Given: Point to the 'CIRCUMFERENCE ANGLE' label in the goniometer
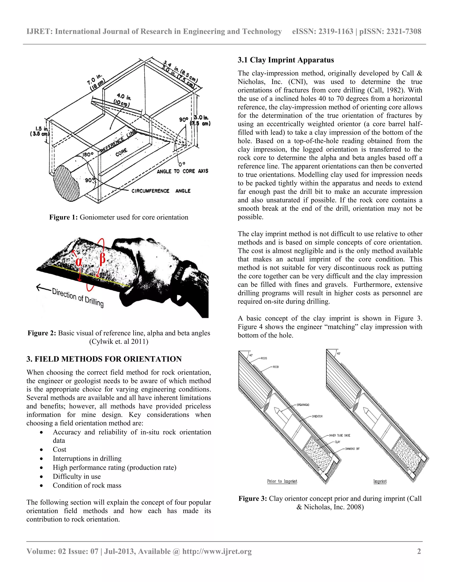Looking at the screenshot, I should coord(161,191).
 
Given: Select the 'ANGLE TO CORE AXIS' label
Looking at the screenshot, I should coord(182,171).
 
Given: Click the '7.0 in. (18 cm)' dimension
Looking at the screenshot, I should coord(96,81).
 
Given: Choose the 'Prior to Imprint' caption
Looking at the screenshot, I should coord(282,481).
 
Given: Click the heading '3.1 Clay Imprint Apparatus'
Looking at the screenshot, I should coord(286,60).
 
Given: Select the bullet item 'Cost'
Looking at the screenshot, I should coord(59,449).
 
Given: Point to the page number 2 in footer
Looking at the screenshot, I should coord(419,551).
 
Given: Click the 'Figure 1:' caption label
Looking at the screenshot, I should coord(63,217).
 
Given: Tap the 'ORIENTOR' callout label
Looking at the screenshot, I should coord(317,416).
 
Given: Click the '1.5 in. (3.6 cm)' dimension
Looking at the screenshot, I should coord(40,131).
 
